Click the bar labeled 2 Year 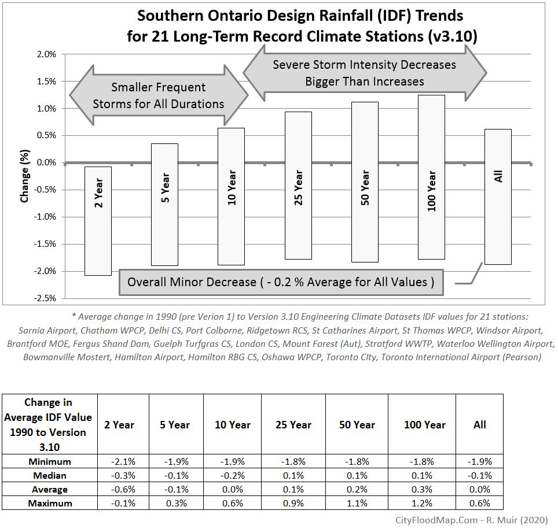pos(99,220)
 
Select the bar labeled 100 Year pos(431,177)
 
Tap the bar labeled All pos(498,197)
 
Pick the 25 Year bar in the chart pos(298,185)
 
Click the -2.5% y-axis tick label pos(45,298)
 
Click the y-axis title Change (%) pos(25,177)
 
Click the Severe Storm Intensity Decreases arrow pos(365,73)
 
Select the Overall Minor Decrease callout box pos(280,282)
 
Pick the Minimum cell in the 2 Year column pos(123,461)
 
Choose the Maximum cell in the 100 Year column pos(424,503)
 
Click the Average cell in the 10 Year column pos(232,489)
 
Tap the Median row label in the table pos(49,475)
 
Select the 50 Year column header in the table pos(357,424)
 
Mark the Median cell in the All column pos(479,475)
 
